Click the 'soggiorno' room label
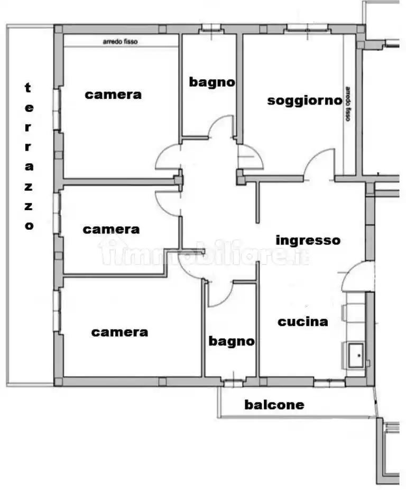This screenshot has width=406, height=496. click(x=304, y=100)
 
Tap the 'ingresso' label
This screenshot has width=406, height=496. click(x=308, y=240)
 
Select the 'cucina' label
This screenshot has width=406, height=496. click(x=303, y=321)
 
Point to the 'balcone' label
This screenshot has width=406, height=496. click(x=274, y=405)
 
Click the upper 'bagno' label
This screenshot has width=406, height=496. click(x=212, y=82)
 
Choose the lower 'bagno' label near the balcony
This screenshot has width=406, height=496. click(x=231, y=341)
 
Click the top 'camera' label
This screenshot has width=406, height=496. click(x=114, y=95)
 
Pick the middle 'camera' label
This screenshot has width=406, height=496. click(x=111, y=230)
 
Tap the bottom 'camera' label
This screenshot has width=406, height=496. click(x=119, y=332)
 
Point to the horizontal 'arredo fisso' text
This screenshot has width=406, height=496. click(x=120, y=42)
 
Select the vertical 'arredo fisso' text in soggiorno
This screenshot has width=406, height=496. click(x=348, y=104)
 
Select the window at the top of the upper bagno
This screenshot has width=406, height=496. click(x=211, y=28)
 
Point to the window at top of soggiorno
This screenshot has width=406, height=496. click(x=304, y=27)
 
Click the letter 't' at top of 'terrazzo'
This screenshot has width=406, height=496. click(x=29, y=88)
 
